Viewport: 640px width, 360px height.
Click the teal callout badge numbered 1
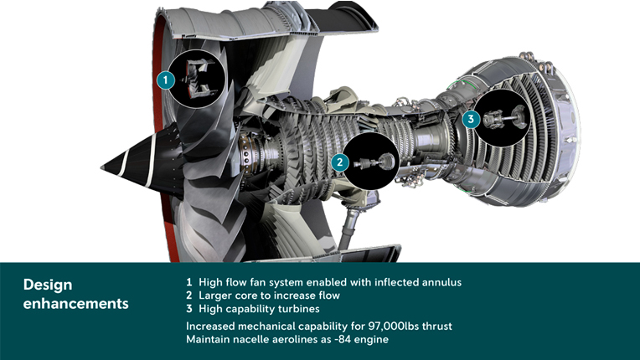165,80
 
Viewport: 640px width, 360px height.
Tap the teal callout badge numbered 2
339,162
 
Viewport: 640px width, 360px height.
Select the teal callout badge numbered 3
471,119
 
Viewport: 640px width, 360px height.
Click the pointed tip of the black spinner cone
101,167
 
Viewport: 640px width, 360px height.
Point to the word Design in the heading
48,285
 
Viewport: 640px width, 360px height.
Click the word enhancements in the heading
76,303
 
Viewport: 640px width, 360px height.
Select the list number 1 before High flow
189,282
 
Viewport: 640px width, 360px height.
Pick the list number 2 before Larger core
189,296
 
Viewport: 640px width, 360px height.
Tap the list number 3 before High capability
189,309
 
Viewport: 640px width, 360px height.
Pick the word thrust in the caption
437,327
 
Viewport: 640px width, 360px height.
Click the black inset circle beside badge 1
196,79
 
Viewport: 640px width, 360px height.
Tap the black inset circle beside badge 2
370,162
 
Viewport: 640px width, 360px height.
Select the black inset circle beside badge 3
502,118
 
